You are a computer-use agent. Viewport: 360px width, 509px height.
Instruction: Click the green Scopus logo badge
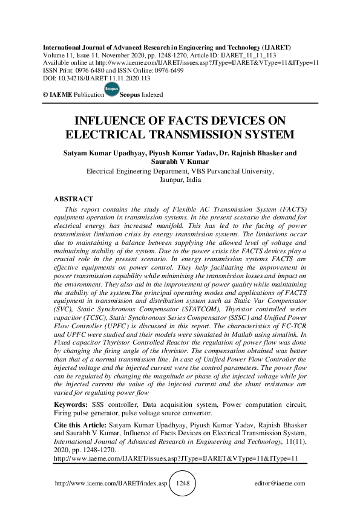pos(112,90)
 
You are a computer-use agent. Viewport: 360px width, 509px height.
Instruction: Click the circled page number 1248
pos(182,484)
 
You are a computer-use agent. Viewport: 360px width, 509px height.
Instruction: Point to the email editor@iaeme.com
pos(281,484)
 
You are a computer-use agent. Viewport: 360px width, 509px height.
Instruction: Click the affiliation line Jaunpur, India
pos(180,180)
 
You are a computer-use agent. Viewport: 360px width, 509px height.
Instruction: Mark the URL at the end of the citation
pos(175,459)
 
